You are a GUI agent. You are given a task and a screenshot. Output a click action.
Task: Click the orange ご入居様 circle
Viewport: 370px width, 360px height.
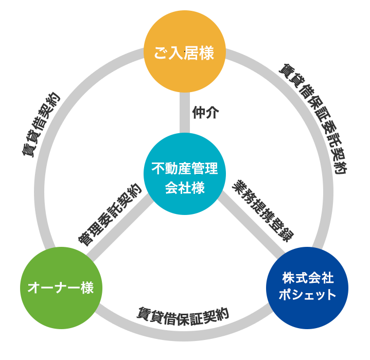point(184,51)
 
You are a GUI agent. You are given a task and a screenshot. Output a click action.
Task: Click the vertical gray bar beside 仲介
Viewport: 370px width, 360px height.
point(184,113)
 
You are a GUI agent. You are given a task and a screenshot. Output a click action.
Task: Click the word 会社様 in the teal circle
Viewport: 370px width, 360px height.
point(184,188)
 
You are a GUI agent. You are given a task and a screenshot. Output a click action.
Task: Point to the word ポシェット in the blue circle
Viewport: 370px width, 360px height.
point(307,295)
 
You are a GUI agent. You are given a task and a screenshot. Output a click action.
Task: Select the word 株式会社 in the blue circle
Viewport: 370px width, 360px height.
point(307,279)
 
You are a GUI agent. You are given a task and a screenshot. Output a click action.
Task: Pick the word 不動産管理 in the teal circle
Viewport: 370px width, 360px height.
point(184,168)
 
